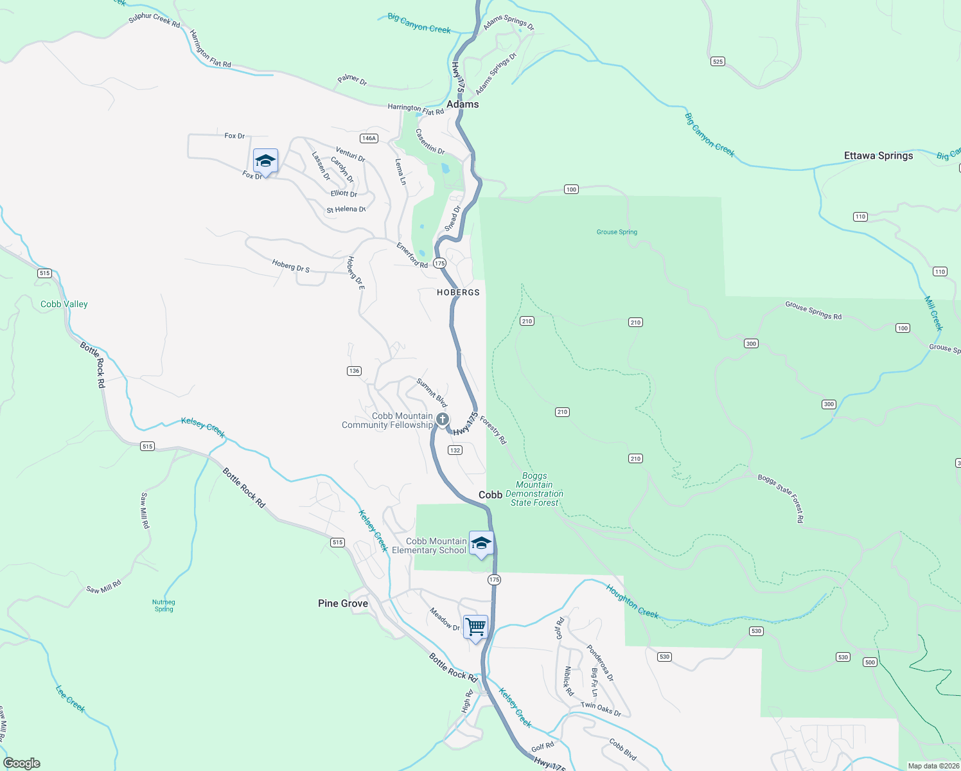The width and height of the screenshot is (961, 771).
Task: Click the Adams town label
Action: (463, 104)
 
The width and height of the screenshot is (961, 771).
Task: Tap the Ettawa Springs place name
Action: (878, 155)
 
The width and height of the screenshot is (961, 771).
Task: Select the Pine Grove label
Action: (343, 603)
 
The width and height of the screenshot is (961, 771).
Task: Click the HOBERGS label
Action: (458, 292)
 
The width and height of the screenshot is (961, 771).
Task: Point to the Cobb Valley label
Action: (64, 304)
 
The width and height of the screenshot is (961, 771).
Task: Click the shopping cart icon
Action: (475, 626)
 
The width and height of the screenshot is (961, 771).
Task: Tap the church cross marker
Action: (443, 420)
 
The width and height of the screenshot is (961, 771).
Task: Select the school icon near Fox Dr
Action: (265, 161)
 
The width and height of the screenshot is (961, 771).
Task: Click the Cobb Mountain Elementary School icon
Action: (481, 543)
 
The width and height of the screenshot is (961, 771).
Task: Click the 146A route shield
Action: (369, 138)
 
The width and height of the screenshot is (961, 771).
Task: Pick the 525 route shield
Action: (718, 62)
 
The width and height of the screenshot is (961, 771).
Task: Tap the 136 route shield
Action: (354, 371)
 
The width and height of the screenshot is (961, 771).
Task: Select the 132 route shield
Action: (455, 450)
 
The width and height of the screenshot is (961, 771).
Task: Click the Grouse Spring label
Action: (617, 232)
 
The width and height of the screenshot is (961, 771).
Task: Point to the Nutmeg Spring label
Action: (164, 605)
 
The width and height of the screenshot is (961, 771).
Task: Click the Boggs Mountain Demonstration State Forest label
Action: (535, 490)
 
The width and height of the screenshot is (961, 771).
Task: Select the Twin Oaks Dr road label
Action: (601, 709)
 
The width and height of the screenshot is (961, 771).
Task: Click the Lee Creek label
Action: (70, 698)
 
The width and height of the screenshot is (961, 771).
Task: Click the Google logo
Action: (22, 763)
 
